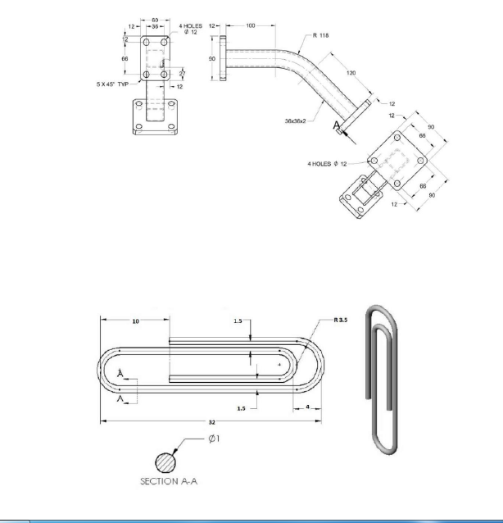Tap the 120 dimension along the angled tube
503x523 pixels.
(351, 73)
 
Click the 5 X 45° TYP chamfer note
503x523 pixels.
(112, 83)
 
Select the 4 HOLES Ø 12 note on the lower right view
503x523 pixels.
(329, 164)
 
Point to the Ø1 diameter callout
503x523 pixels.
(211, 439)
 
